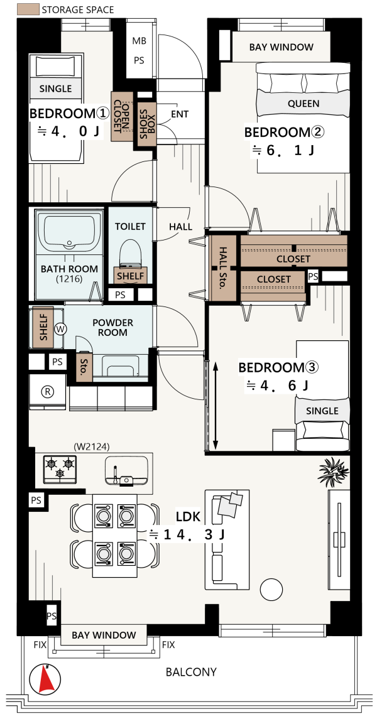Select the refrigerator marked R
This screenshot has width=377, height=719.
pyautogui.click(x=47, y=391)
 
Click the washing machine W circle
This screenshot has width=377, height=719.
pyautogui.click(x=60, y=328)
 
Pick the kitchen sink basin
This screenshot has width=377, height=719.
pyautogui.click(x=126, y=470)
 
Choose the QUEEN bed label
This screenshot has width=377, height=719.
pyautogui.click(x=303, y=104)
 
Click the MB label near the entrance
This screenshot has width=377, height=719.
pyautogui.click(x=139, y=41)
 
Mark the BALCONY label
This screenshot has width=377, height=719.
pyautogui.click(x=191, y=673)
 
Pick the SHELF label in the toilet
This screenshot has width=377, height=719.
pyautogui.click(x=131, y=276)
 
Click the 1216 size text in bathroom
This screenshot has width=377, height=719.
pyautogui.click(x=68, y=278)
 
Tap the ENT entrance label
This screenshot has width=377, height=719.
pyautogui.click(x=180, y=114)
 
